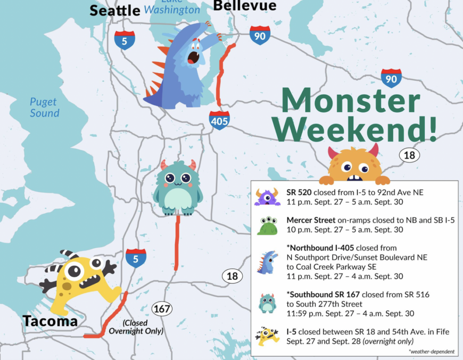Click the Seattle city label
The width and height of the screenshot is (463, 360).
click(x=115, y=11)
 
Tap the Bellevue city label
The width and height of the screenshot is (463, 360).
click(x=245, y=6)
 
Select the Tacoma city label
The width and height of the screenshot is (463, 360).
click(x=50, y=321)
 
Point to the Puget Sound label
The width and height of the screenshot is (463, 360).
click(x=44, y=108)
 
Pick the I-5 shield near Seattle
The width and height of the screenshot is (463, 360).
click(x=124, y=40)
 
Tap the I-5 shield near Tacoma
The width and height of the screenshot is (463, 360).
click(x=136, y=258)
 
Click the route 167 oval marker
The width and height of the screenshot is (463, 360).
click(x=162, y=309)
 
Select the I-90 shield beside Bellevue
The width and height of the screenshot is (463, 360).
click(x=260, y=36)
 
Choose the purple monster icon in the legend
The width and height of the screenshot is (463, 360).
click(x=267, y=196)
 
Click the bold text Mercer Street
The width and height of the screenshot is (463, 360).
click(x=311, y=220)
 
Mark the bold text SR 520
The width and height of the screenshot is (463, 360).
click(x=299, y=192)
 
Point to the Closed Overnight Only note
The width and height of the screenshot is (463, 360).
click(x=136, y=327)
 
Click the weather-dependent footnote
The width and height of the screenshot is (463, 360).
click(x=431, y=351)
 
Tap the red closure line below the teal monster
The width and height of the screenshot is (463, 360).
click(x=177, y=243)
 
